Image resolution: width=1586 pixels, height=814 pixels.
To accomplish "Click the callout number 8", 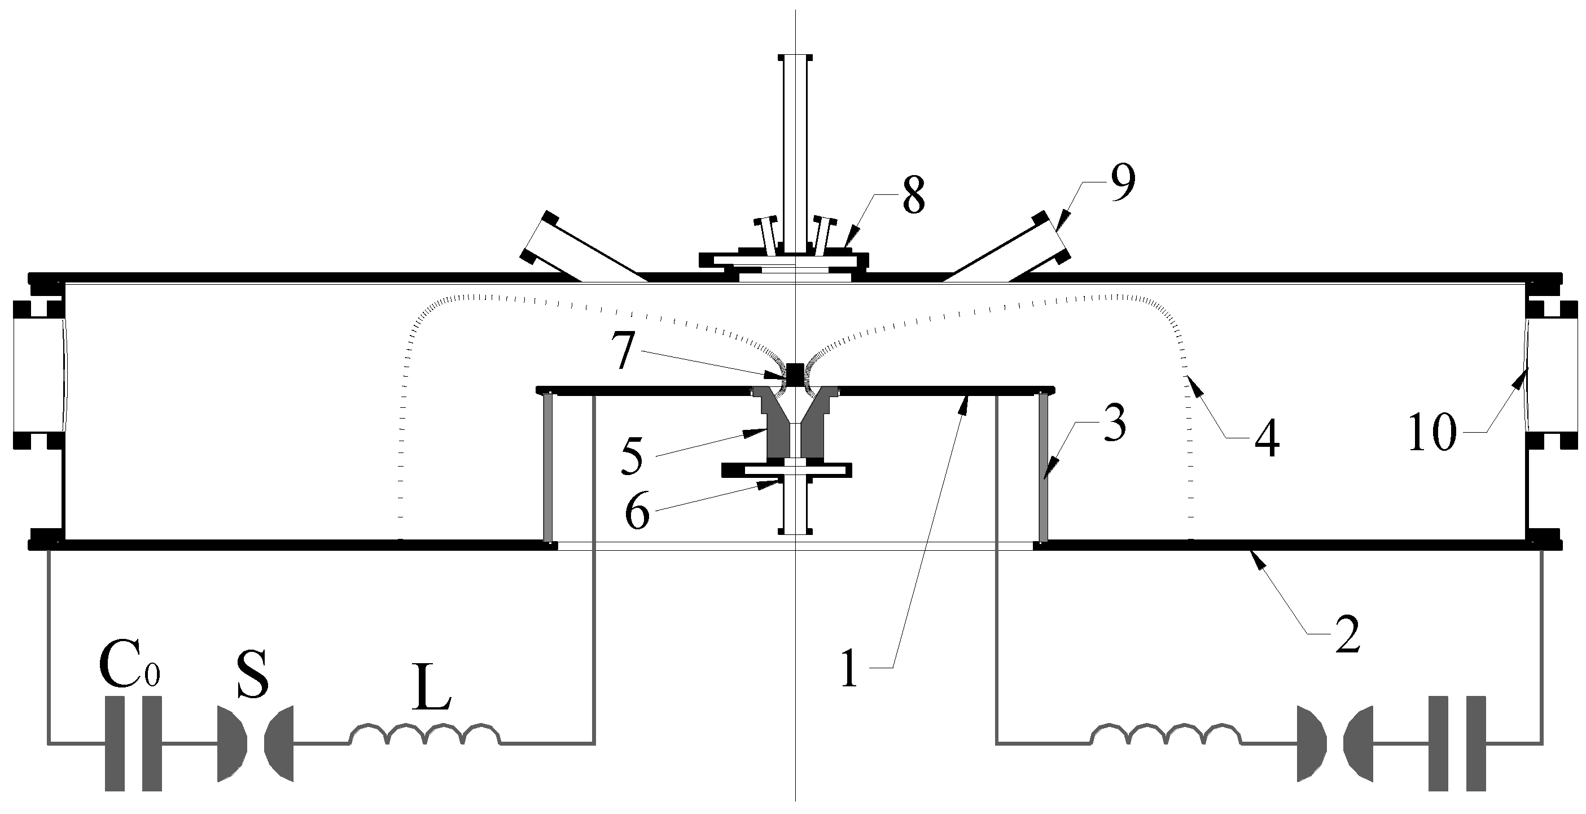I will pyautogui.click(x=913, y=198).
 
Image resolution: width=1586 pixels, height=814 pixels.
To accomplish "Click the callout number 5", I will pyautogui.click(x=632, y=458).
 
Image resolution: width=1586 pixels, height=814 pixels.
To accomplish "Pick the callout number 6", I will pyautogui.click(x=637, y=513).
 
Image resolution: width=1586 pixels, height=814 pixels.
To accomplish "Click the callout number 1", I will pyautogui.click(x=849, y=670).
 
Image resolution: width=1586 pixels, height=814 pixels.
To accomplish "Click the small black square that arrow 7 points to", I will pyautogui.click(x=796, y=374).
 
